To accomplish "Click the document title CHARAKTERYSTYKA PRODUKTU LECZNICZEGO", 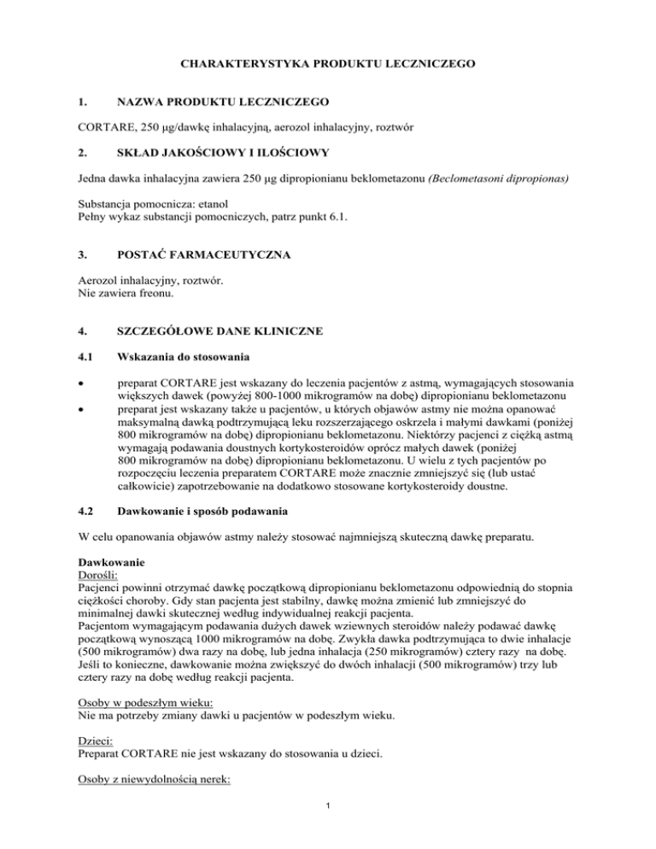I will click(x=327, y=64).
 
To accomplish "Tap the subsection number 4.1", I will click(x=85, y=381).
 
